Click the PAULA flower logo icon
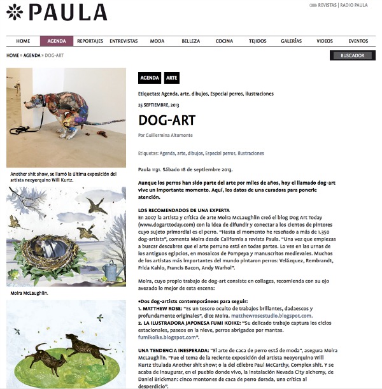tap(15, 11)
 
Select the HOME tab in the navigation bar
tap(23, 41)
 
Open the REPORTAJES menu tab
tap(90, 41)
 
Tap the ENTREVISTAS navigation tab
tap(124, 41)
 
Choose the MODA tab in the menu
tap(157, 41)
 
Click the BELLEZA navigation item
tap(190, 41)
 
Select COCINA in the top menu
tap(224, 41)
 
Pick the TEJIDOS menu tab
tap(258, 41)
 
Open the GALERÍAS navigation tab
tap(291, 41)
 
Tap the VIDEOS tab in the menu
tap(325, 41)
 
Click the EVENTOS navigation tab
tap(358, 41)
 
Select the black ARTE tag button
tap(172, 78)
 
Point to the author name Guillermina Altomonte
tap(170, 136)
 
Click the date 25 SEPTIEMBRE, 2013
tap(159, 104)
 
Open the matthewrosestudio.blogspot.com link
tap(281, 315)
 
